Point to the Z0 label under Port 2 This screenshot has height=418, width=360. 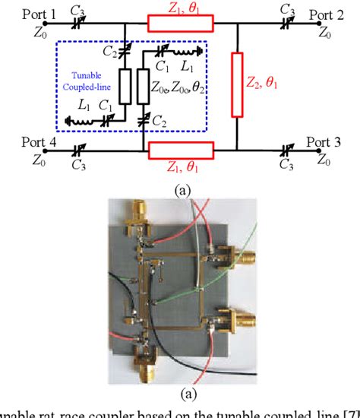point(324,33)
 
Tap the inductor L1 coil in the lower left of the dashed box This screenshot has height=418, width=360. point(78,121)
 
